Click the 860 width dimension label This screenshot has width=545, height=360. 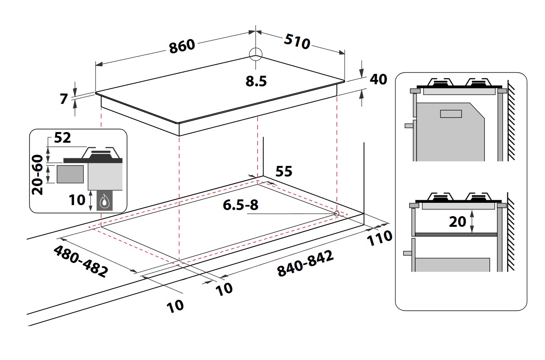182,46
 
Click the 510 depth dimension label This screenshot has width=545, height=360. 297,41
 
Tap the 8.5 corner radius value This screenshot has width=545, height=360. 256,81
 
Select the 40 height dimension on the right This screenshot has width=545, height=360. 378,79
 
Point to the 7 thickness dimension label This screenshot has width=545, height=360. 64,99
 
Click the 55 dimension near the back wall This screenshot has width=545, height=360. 284,172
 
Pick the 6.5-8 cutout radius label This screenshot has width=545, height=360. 240,205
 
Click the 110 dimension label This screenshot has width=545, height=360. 379,238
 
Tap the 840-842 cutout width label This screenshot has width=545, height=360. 305,263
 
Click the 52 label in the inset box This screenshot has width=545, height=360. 62,138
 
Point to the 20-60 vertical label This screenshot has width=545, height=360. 38,175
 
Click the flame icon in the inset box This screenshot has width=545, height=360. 104,201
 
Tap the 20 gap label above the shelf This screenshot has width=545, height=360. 457,221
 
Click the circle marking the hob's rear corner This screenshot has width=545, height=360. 256,54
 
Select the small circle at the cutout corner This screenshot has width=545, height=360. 337,214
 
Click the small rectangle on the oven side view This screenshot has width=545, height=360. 451,113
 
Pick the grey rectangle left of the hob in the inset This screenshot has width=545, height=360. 70,174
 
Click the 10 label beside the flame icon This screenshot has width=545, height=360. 77,200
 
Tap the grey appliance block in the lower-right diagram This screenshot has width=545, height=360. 452,264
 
